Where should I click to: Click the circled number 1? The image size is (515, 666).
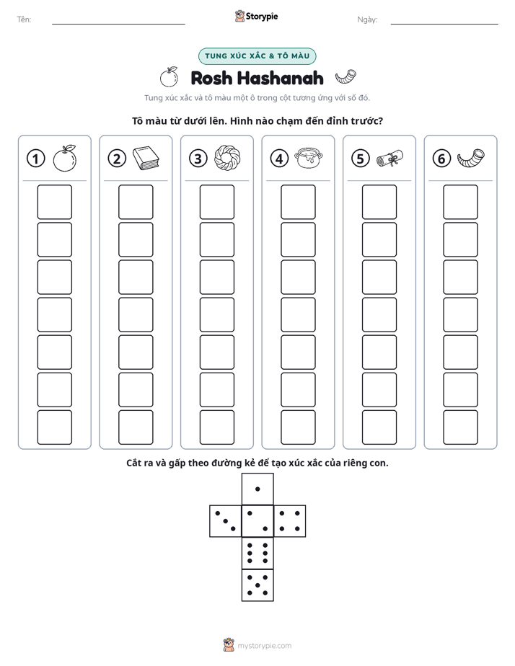35,159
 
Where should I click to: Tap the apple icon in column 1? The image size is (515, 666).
65,158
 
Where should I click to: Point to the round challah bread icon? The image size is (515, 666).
227,158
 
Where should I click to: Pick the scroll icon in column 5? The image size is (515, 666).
389,158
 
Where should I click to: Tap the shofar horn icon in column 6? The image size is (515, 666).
471,158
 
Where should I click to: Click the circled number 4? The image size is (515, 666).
279,159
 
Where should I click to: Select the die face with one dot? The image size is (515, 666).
257,489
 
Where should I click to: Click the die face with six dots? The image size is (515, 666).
257,553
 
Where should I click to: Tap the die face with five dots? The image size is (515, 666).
257,585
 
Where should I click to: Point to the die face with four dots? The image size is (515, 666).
290,521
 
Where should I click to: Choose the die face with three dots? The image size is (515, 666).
226,521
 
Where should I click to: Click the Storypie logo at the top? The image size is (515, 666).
256,16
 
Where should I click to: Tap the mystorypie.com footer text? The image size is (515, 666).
264,646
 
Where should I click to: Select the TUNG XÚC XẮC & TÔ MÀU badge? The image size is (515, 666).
257,56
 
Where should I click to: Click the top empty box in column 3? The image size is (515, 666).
217,202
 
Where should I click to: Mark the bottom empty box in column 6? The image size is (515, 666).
461,427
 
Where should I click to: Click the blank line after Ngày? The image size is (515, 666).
444,24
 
